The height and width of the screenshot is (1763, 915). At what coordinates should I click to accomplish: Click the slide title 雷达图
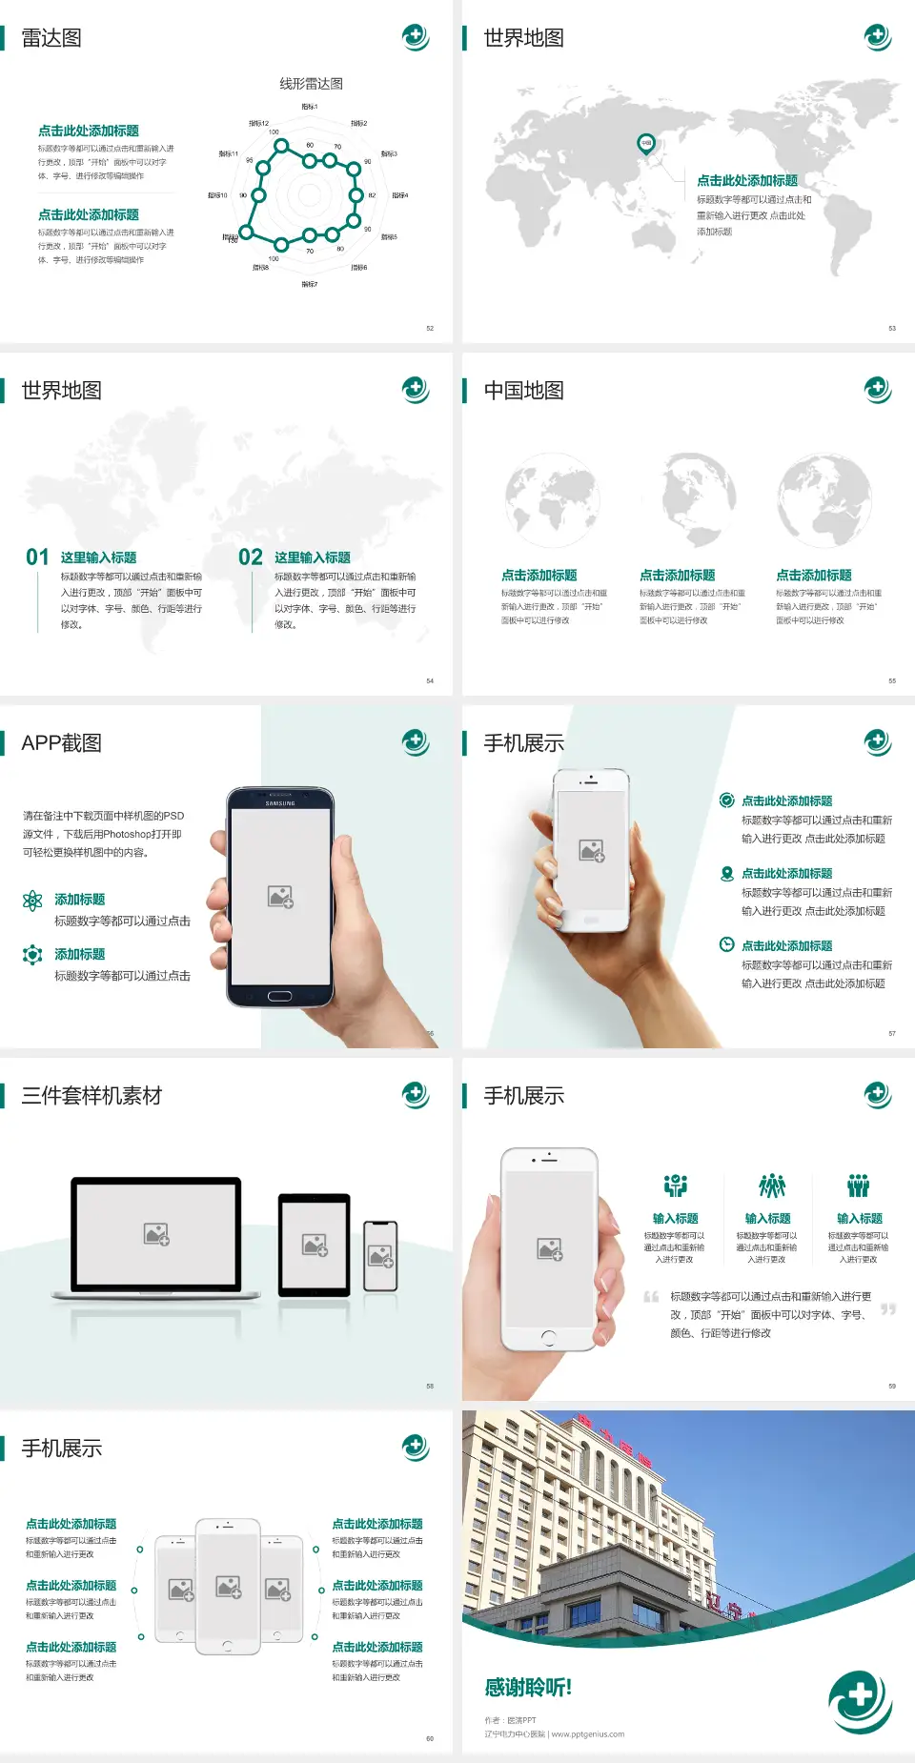[51, 38]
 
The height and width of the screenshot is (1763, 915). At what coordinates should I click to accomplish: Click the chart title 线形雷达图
[311, 84]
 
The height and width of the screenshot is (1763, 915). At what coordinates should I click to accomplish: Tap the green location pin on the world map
[646, 144]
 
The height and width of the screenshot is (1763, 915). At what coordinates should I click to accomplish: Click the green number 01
[37, 557]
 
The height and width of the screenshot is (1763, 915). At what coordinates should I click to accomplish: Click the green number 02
[251, 557]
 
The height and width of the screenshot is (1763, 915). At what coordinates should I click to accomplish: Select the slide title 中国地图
[523, 391]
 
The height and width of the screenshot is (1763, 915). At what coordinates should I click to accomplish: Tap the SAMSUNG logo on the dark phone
[280, 803]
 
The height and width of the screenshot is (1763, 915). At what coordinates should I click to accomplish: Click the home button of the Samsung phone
[279, 996]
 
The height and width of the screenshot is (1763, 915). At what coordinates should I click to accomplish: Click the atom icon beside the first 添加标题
[32, 901]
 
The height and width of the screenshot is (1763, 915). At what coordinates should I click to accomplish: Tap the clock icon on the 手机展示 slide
[726, 944]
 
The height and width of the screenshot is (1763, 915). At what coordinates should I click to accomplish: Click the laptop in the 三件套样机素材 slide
[156, 1237]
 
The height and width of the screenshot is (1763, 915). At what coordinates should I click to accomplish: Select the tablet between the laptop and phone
[315, 1244]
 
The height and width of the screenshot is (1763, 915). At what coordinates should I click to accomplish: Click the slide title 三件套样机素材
[91, 1096]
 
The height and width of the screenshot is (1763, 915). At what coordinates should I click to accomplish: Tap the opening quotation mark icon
[651, 1296]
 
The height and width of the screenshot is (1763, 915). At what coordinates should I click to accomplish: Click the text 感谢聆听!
[528, 1688]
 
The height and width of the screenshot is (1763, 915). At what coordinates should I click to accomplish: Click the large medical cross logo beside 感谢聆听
[860, 1700]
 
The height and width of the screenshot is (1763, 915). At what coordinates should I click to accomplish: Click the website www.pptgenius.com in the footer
[588, 1734]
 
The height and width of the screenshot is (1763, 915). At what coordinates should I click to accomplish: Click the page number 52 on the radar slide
[430, 328]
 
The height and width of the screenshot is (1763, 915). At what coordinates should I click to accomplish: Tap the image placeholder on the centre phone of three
[228, 1587]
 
